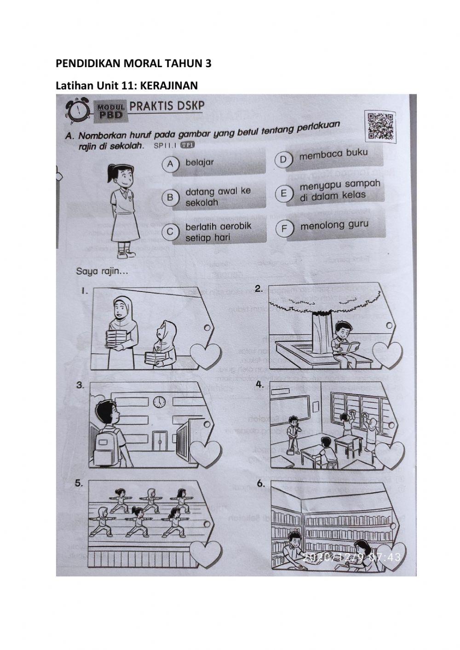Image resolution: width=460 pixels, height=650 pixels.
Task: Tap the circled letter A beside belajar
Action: coord(171,163)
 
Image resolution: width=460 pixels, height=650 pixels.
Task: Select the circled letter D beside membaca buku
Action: coord(283,159)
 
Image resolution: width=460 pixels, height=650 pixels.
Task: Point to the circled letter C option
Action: coord(170,232)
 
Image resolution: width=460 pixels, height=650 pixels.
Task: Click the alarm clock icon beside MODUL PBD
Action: coord(79,111)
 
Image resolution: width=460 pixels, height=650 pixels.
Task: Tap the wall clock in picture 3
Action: coord(159,401)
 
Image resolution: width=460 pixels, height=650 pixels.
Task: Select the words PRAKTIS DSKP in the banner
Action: coord(167,106)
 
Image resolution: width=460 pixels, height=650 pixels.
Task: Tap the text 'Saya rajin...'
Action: coord(102,271)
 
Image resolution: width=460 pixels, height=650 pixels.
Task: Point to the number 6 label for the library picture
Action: coord(261,483)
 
